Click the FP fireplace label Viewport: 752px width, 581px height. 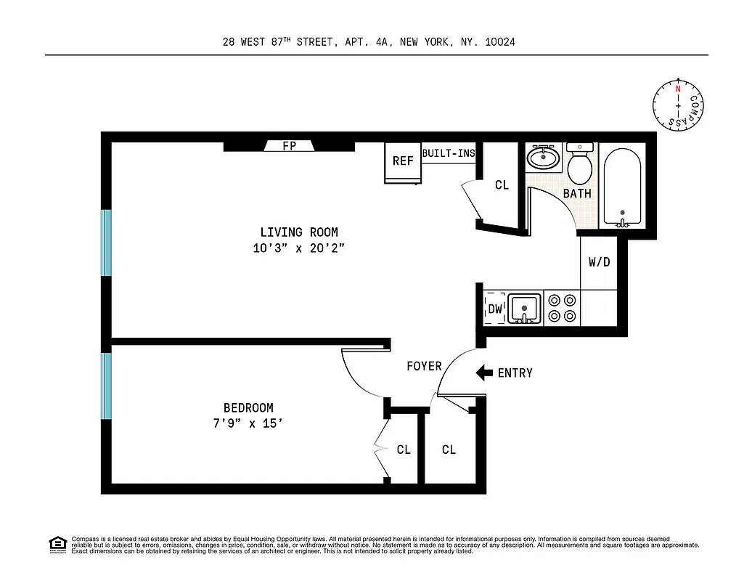(x=289, y=146)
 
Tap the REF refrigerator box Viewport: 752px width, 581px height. (x=402, y=162)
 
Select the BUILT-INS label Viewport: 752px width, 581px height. (x=448, y=153)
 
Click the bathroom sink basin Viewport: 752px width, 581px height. (x=542, y=157)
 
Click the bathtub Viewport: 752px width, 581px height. (x=622, y=187)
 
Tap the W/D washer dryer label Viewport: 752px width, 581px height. (x=599, y=262)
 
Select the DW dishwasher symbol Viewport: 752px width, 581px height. (x=495, y=309)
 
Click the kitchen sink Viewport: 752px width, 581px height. (x=523, y=309)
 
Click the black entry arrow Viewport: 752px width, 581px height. (x=483, y=373)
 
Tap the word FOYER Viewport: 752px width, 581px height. (x=424, y=366)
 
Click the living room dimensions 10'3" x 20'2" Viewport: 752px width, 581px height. (x=299, y=248)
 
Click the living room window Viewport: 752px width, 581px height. (x=107, y=243)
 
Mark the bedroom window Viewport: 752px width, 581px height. (x=107, y=386)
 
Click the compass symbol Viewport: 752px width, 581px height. (x=678, y=105)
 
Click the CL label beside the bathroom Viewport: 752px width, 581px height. (x=502, y=185)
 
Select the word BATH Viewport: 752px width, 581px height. (x=577, y=194)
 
